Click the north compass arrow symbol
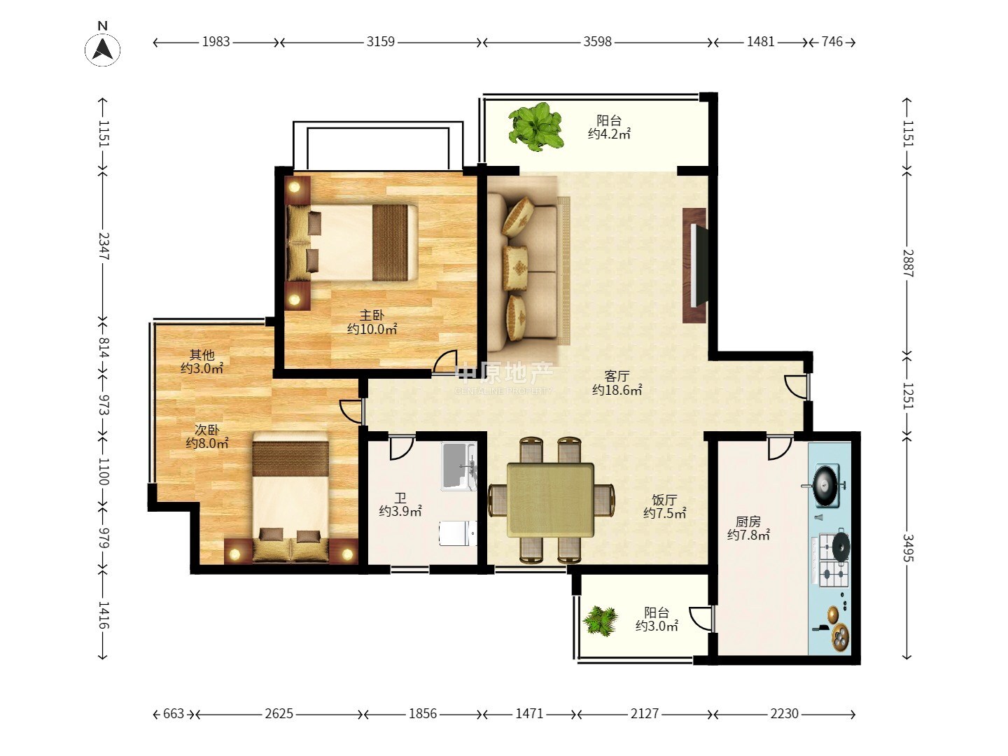coord(102,49)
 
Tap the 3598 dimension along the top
coord(598,42)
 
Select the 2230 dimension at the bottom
coord(785,713)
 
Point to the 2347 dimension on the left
coord(104,246)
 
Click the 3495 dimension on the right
coord(909,547)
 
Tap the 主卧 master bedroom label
coord(372,315)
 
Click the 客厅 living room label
coord(616,377)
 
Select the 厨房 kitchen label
coord(748,521)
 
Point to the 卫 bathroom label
coord(400,498)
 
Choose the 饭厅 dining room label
coord(664,499)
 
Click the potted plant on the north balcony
coord(535,127)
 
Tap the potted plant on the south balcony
coord(600,621)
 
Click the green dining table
coord(550,500)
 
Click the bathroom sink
coord(458,466)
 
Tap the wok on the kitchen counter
coord(825,485)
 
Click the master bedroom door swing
coord(444,362)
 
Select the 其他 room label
coord(202,355)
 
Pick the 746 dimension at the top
coord(832,42)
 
